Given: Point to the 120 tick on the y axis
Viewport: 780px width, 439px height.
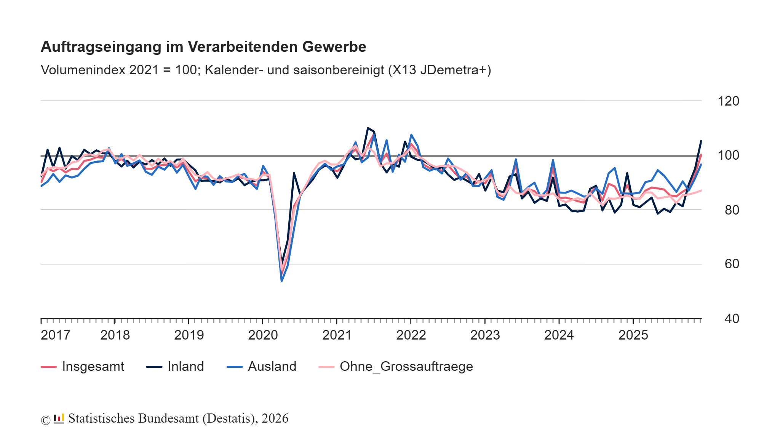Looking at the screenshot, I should [x=728, y=101].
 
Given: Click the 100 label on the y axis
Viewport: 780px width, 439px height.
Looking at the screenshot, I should [x=728, y=155].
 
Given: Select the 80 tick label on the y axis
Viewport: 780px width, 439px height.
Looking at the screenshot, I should [x=732, y=210].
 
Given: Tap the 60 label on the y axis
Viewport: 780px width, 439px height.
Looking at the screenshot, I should [x=732, y=264].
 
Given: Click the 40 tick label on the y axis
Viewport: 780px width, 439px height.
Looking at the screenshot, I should [x=732, y=319].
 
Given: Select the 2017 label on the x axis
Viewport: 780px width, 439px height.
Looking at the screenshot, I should [x=56, y=335].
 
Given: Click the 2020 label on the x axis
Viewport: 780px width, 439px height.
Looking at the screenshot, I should [x=263, y=335].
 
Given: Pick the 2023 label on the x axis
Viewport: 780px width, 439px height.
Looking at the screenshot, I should [x=485, y=335].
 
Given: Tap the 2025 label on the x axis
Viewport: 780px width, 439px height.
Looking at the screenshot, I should [x=633, y=335].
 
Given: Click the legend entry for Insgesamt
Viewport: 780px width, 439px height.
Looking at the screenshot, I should [x=93, y=367].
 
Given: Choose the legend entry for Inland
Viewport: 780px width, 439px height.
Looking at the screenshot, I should [x=185, y=367].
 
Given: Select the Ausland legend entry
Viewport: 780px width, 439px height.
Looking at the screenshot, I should [x=272, y=367].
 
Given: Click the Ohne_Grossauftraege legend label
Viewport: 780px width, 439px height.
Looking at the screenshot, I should [x=406, y=367].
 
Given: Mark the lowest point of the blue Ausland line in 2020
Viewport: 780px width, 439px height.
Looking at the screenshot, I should [x=281, y=281].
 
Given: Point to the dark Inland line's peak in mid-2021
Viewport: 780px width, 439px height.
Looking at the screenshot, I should [x=368, y=128].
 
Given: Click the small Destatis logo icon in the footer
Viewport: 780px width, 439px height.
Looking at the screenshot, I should [x=59, y=419].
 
